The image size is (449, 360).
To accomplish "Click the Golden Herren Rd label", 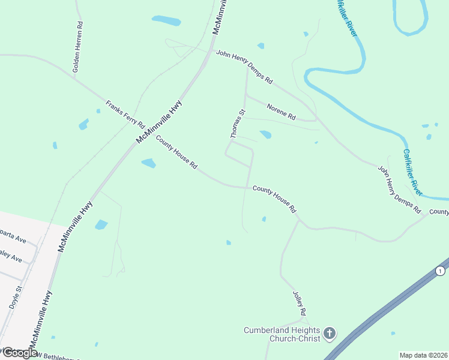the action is pyautogui.click(x=77, y=48).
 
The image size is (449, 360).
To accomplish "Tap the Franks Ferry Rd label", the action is pyautogui.click(x=125, y=114).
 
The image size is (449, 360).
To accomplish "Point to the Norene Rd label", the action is pyautogui.click(x=282, y=110).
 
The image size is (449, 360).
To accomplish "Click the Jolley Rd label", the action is pyautogui.click(x=299, y=304).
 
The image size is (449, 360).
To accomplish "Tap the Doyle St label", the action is pyautogui.click(x=16, y=298).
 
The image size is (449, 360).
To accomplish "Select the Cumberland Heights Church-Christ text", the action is pyautogui.click(x=282, y=334).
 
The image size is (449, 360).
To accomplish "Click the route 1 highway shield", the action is pyautogui.click(x=442, y=269).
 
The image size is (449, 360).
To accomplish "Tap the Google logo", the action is pyautogui.click(x=19, y=353).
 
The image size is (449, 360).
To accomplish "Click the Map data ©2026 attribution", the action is pyautogui.click(x=424, y=355).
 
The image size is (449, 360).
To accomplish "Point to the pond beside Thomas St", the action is pyautogui.click(x=265, y=134).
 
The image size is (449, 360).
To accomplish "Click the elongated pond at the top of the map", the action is pyautogui.click(x=166, y=20).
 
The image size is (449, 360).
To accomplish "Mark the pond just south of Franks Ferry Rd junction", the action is pyautogui.click(x=148, y=163).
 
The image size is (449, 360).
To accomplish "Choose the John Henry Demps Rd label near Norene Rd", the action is pyautogui.click(x=244, y=67).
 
